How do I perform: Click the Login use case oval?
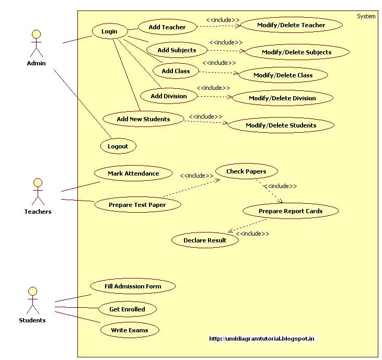109,31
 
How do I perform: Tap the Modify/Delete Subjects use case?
296,52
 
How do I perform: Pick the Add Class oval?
176,71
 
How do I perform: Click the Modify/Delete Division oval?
282,98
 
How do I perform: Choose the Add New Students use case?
143,119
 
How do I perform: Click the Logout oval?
118,146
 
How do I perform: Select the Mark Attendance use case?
133,173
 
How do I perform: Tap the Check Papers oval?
246,171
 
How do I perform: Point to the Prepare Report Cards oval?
291,211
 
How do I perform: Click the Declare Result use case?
205,240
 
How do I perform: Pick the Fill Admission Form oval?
133,286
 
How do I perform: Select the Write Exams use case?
129,330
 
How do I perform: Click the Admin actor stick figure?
36,44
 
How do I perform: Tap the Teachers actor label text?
38,212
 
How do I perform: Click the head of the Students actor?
32,291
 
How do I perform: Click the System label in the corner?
366,16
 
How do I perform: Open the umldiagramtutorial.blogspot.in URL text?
262,339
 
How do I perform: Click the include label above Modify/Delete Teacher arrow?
223,20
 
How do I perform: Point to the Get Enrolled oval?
127,309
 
